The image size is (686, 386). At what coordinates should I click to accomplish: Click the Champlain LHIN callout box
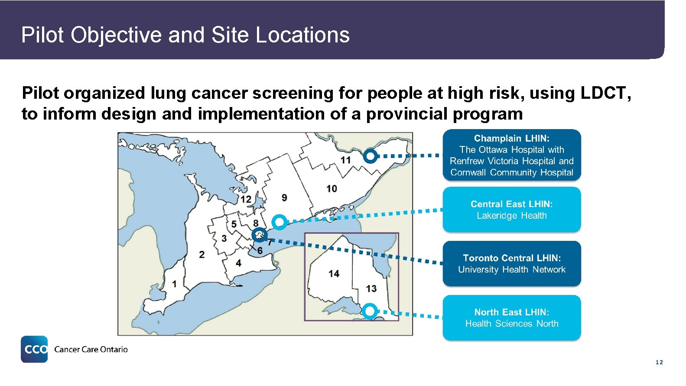click(511, 155)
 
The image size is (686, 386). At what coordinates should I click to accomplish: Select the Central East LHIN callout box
click(511, 210)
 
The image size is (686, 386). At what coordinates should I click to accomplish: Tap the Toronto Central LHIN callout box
click(511, 263)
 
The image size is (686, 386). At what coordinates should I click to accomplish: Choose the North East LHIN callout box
click(511, 318)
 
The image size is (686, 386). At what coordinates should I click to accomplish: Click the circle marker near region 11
click(370, 156)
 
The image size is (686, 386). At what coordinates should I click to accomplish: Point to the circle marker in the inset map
click(370, 311)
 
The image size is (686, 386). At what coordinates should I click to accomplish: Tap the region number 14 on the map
click(334, 273)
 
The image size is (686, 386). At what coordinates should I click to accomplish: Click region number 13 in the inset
click(371, 289)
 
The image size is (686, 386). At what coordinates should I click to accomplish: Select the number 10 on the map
click(332, 188)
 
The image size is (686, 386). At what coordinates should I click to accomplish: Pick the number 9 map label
click(284, 198)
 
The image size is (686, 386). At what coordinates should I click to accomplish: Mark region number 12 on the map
click(246, 199)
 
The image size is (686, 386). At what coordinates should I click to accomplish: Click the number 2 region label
click(202, 254)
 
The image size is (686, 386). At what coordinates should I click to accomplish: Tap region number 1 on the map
click(174, 284)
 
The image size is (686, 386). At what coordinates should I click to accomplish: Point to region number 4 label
click(238, 263)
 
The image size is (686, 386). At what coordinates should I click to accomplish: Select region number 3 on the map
click(224, 238)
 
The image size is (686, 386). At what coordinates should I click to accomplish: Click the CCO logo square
click(34, 349)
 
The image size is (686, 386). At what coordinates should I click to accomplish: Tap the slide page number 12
click(659, 362)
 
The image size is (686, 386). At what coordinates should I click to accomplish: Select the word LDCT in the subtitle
click(605, 93)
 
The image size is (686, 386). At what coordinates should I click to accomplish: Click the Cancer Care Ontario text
click(91, 350)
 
